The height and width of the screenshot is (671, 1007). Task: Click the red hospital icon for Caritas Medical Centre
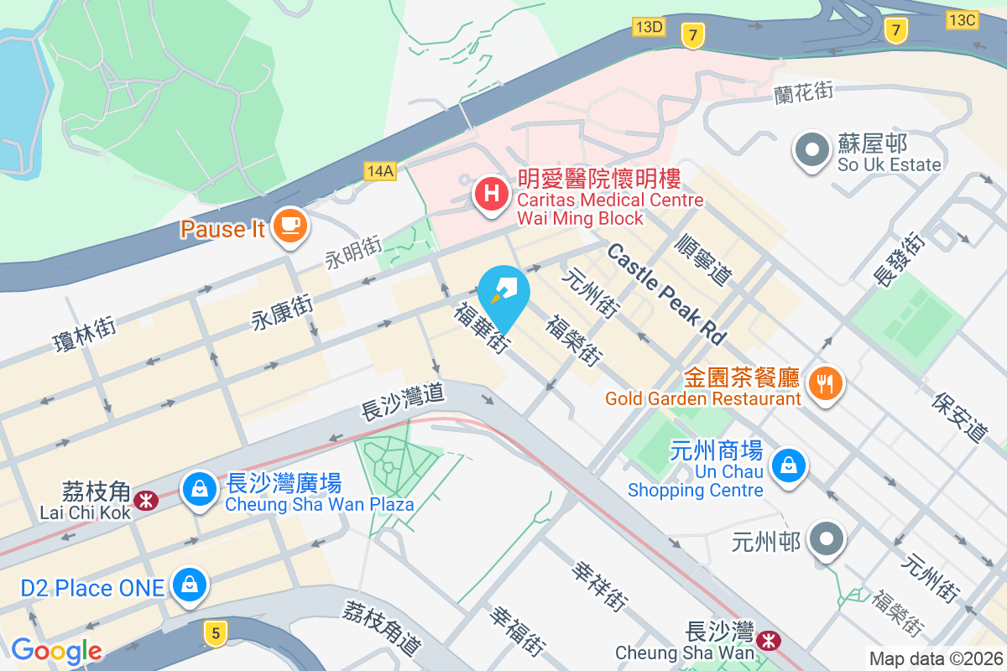click(x=492, y=195)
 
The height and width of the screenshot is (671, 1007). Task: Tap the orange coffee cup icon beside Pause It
click(x=290, y=225)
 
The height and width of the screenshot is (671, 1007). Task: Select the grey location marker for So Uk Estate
click(x=811, y=151)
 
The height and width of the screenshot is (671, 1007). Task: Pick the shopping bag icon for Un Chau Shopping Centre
click(x=789, y=464)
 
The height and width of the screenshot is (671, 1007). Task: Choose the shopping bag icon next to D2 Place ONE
click(x=189, y=585)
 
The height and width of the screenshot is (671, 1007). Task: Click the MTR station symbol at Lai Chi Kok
click(x=148, y=501)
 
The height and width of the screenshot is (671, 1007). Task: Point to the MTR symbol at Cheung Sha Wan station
click(x=767, y=641)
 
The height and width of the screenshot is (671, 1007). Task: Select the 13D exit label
click(x=649, y=27)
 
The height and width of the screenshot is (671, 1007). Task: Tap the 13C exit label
click(x=961, y=18)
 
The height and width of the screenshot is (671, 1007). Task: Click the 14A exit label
click(x=380, y=171)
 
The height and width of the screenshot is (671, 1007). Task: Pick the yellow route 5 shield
click(x=215, y=634)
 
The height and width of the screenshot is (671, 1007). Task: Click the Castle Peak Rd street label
click(x=666, y=294)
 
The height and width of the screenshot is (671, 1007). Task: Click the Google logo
click(x=56, y=651)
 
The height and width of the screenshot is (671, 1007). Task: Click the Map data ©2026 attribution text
click(x=935, y=658)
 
